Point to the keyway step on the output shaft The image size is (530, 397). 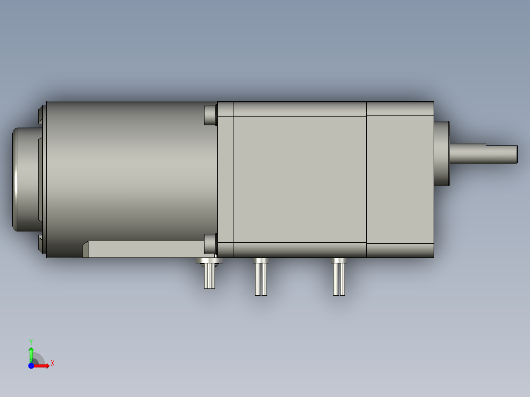(x=486, y=145)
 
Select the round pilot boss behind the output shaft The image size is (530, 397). (x=442, y=153)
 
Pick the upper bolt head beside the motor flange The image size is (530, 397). (x=210, y=114)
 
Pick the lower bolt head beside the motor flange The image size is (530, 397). (x=210, y=244)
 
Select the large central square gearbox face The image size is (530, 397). (x=300, y=179)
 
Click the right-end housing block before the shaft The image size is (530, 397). (x=400, y=179)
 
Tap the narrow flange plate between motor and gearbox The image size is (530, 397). (x=226, y=179)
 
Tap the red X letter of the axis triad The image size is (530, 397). (x=53, y=364)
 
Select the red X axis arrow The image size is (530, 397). (x=42, y=366)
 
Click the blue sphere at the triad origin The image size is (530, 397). (x=31, y=366)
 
